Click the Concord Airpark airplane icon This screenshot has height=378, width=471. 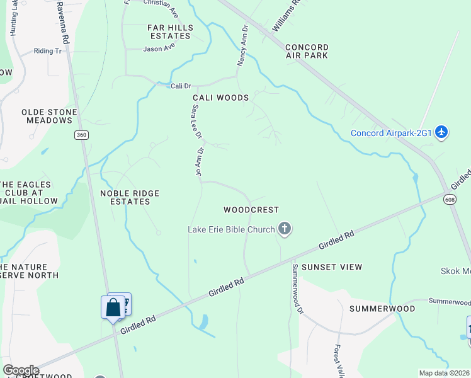click(x=441, y=132)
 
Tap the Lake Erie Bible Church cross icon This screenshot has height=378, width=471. click(x=285, y=229)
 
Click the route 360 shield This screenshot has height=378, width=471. click(x=81, y=135)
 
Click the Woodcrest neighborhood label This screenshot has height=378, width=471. click(x=251, y=209)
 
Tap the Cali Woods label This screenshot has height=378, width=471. click(x=220, y=98)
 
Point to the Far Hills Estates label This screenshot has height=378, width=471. click(x=169, y=31)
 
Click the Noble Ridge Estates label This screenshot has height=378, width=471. click(x=130, y=197)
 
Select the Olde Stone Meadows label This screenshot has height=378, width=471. click(x=49, y=116)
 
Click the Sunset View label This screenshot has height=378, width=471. click(x=332, y=267)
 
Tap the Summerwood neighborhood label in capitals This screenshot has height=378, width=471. click(x=382, y=309)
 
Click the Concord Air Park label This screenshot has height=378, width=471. click(x=307, y=51)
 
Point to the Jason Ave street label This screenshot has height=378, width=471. click(x=159, y=49)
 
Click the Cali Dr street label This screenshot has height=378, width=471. click(x=180, y=86)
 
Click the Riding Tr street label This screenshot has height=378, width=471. click(x=48, y=51)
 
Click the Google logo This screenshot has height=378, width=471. click(x=21, y=370)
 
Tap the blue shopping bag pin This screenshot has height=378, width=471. click(x=113, y=308)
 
